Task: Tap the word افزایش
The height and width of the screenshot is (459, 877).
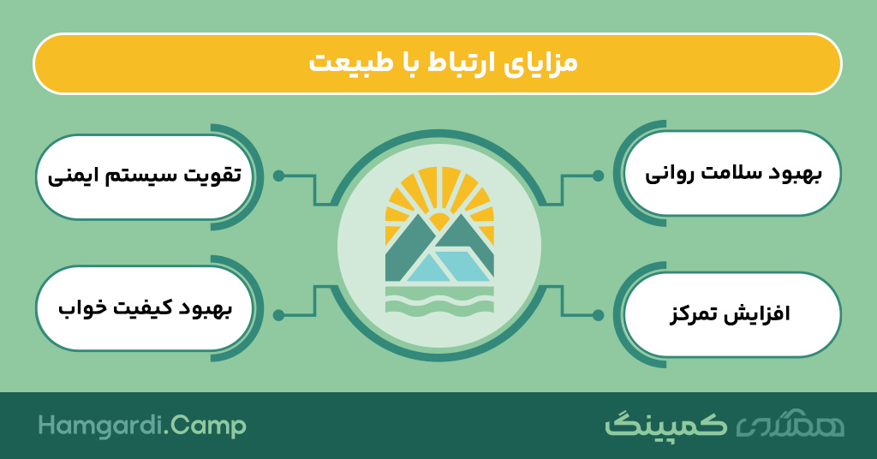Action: (761, 314)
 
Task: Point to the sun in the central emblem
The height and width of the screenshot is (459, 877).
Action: (439, 222)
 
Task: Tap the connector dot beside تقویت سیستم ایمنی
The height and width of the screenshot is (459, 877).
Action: (278, 176)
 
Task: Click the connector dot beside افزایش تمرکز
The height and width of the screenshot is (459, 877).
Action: (598, 315)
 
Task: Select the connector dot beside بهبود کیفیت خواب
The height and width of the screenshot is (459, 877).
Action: (278, 315)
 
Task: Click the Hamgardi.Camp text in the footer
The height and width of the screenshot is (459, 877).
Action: (142, 426)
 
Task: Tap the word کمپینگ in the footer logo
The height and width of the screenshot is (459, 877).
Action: (666, 425)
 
